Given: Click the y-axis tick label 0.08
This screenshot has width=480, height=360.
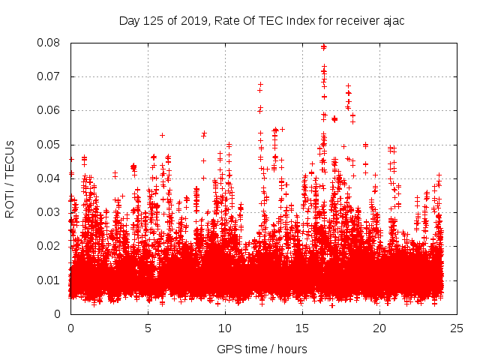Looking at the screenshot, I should pos(50,43).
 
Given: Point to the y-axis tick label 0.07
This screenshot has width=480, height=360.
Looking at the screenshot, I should pos(50,76).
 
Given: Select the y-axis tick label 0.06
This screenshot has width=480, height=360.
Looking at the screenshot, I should pos(50,110).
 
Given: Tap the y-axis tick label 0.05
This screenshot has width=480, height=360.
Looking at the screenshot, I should pos(50,145).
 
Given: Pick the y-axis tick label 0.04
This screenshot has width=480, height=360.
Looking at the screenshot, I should pos(50,178).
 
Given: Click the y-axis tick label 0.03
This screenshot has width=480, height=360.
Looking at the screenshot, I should pos(50,212).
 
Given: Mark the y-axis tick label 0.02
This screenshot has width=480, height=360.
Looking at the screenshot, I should pos(50,246).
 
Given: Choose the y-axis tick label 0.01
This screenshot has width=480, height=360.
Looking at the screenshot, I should pos(50,280).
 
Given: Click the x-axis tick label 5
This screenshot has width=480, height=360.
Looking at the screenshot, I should pos(148,328).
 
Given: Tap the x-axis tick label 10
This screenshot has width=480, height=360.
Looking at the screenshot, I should pos(225,328).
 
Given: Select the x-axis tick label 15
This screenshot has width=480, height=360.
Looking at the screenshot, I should pos(302,328).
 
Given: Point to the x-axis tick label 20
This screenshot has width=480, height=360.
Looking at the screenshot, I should pos(379,328).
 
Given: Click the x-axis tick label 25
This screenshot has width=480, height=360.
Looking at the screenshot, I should pos(457,328).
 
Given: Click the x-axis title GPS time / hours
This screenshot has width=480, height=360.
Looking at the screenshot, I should pos(262,349).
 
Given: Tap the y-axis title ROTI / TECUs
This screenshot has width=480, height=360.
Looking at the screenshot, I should pos(10,178).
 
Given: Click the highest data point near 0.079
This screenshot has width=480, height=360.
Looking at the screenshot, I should pos(324,46).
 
